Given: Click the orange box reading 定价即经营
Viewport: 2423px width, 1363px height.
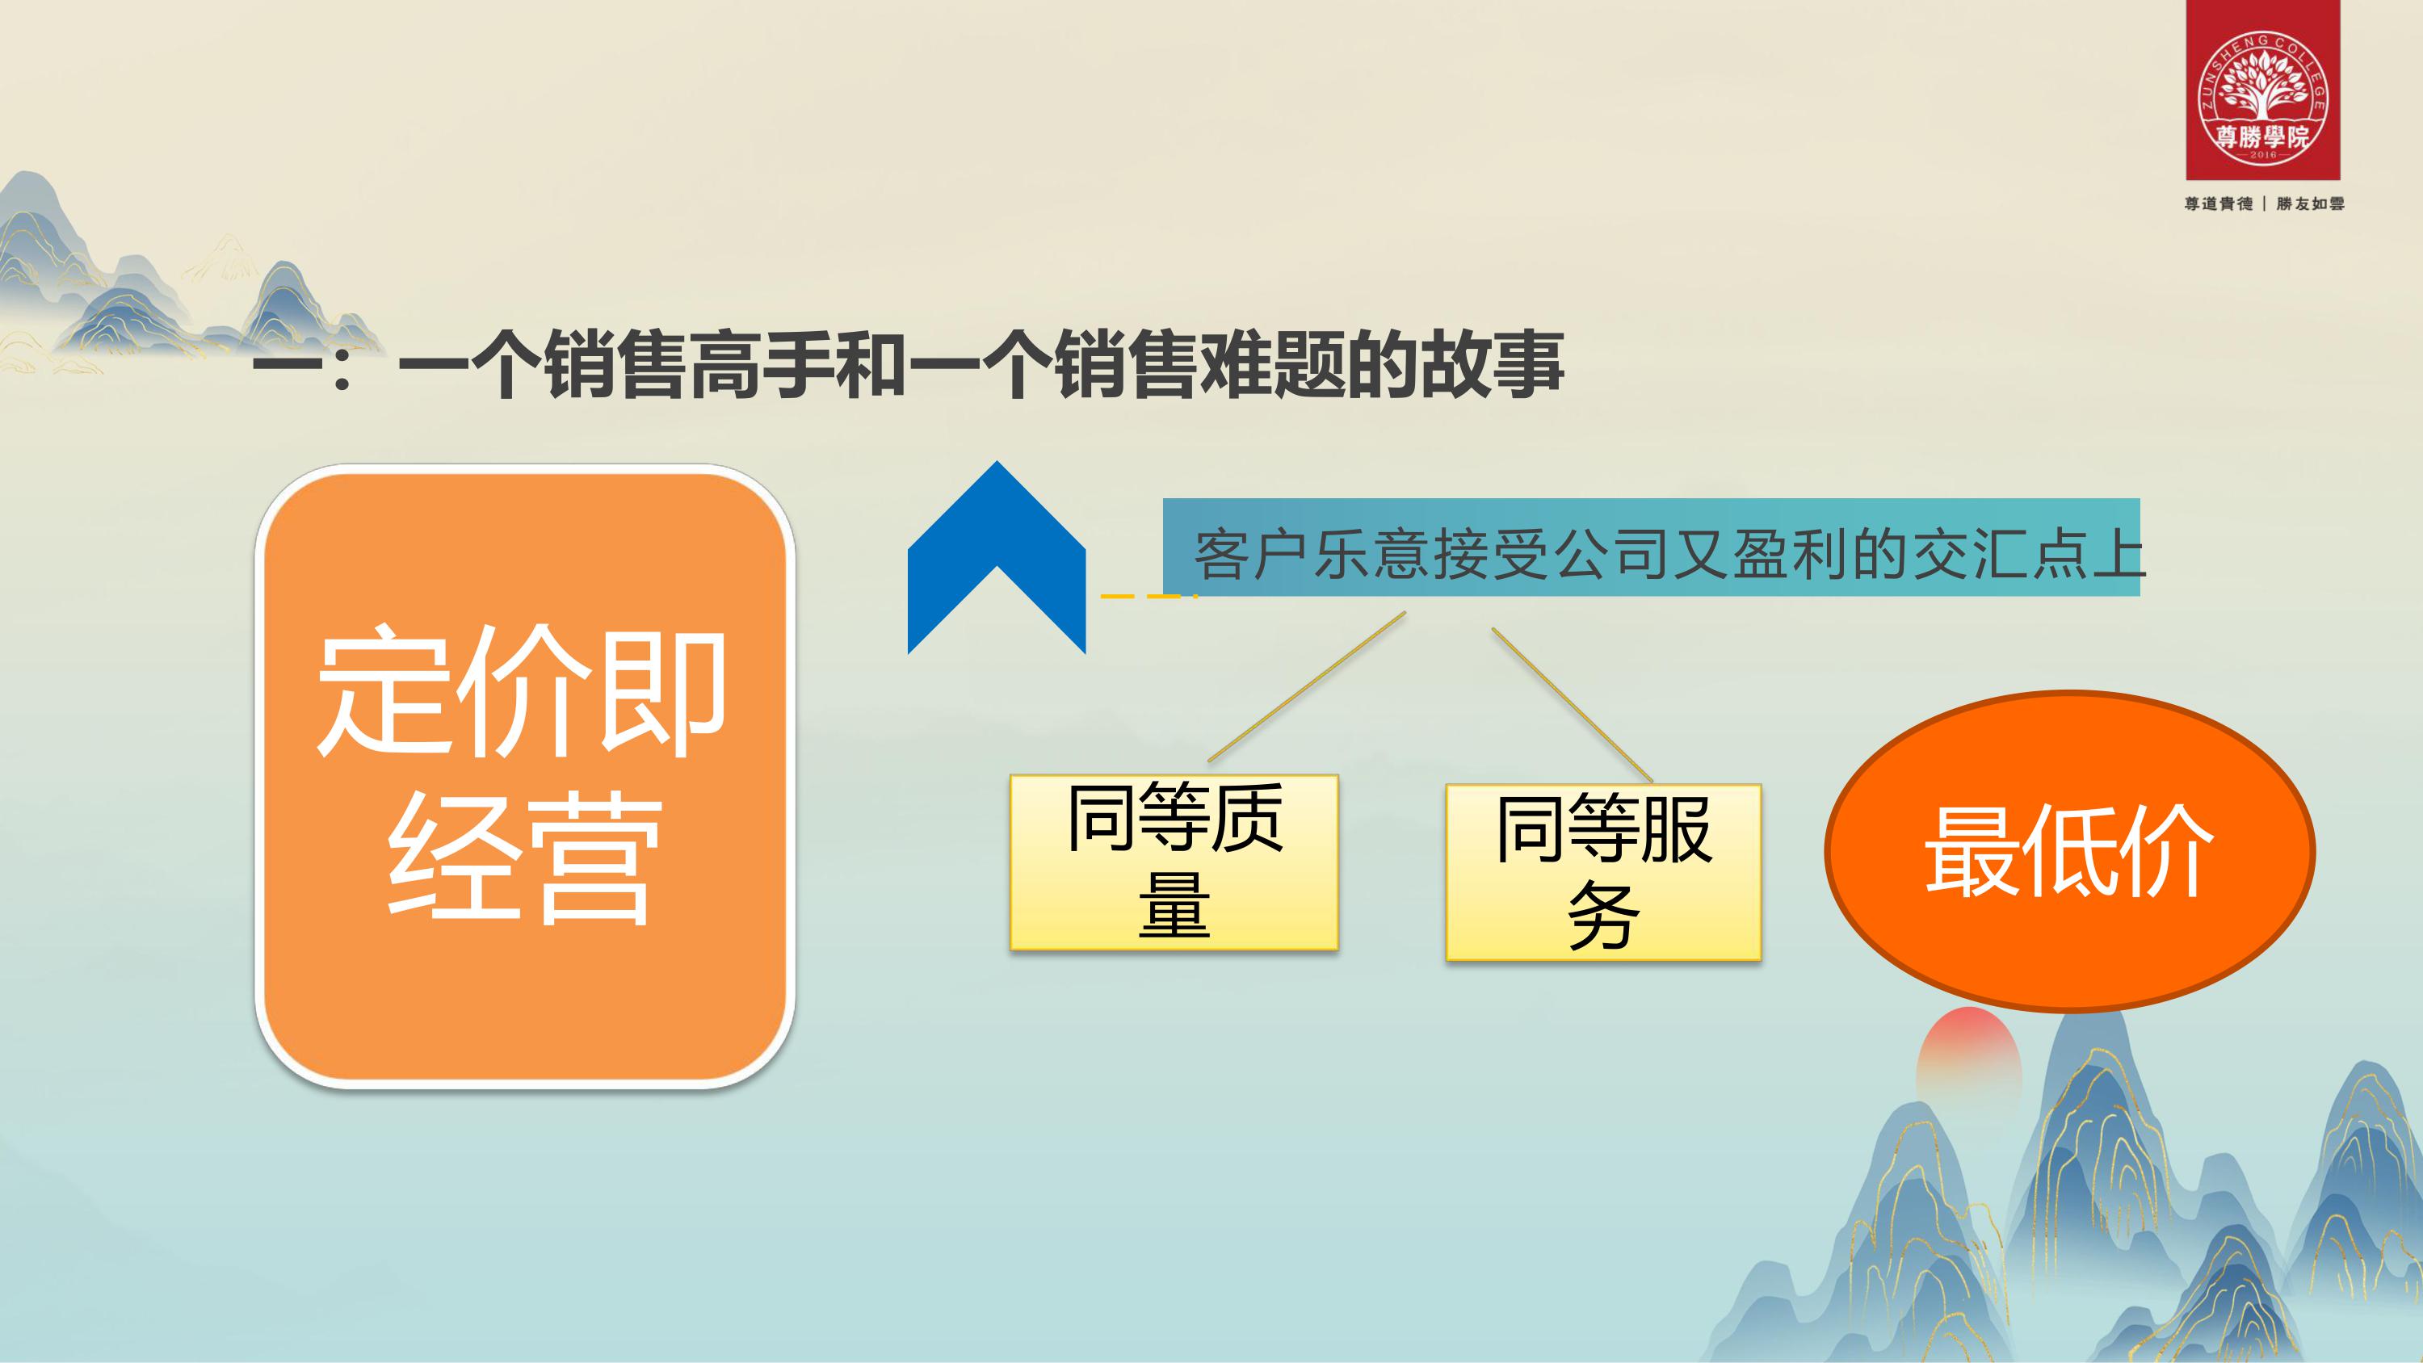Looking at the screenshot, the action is [x=525, y=776].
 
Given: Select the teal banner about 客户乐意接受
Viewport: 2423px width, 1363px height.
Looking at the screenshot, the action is [x=1651, y=547].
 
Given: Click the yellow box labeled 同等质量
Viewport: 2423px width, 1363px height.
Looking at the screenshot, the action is [x=1174, y=862].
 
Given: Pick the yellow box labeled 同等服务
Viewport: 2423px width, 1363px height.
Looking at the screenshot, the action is [x=1602, y=872].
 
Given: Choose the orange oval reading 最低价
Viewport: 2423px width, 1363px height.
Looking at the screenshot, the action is [x=2069, y=851].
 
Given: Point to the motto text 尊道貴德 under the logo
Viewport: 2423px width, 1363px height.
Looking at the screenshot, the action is [x=2218, y=203].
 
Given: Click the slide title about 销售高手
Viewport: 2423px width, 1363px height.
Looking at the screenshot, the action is [x=909, y=364].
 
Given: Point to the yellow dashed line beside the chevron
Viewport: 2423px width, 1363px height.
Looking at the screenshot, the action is [x=1148, y=597].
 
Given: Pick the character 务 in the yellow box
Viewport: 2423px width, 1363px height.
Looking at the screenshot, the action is [x=1604, y=914].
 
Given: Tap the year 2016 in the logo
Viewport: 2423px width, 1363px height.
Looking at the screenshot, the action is [x=2262, y=156].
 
